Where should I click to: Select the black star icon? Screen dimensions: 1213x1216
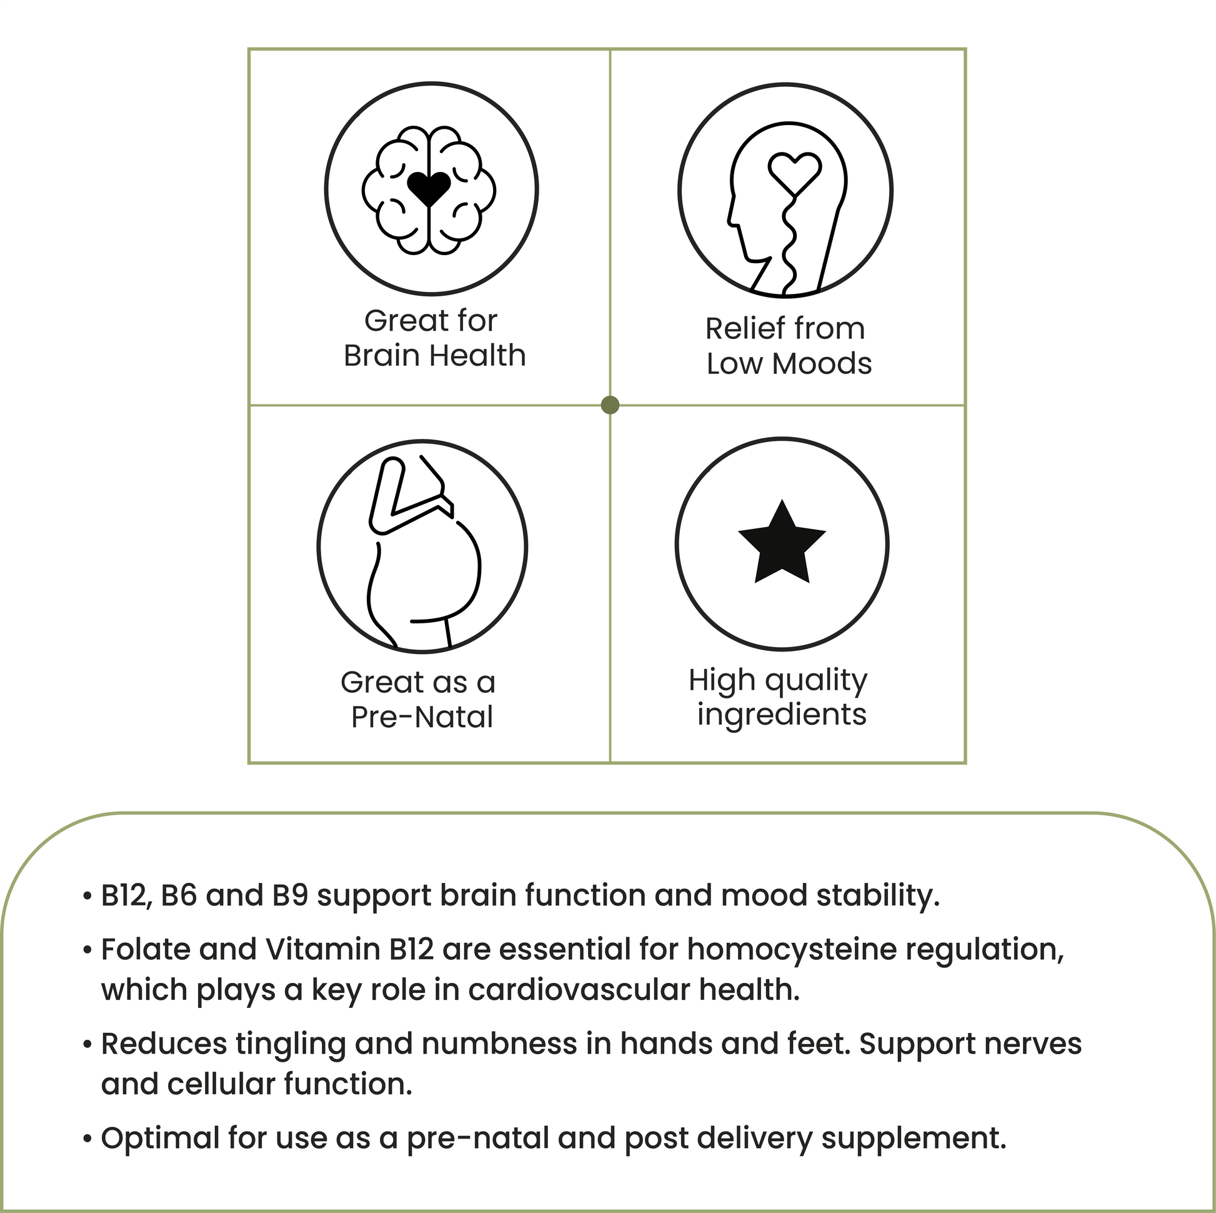point(781,544)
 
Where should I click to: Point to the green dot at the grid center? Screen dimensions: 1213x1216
point(610,405)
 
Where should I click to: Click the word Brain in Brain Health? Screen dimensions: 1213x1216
point(381,356)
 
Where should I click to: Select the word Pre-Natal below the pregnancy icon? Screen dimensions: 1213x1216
point(422,717)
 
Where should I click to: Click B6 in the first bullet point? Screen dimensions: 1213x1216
point(179,895)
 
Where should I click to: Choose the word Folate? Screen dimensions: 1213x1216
point(146,950)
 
